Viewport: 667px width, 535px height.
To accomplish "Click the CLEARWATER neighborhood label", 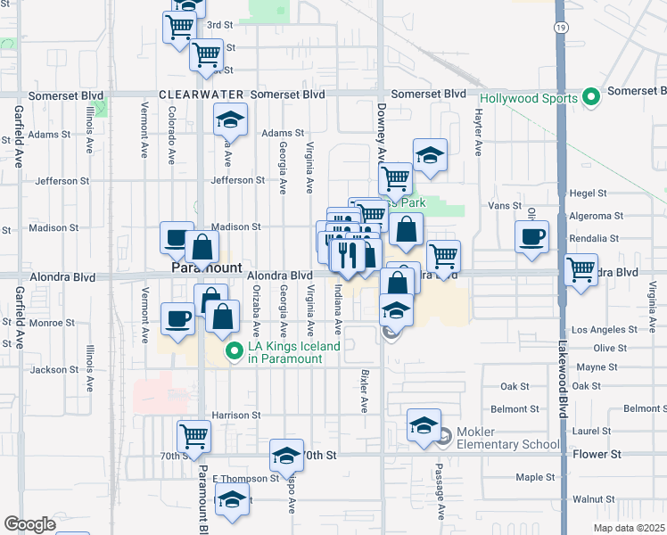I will point(201,95).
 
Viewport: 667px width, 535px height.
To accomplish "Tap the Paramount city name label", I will point(206,267).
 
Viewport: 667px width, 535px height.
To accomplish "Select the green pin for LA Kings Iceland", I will point(235,351).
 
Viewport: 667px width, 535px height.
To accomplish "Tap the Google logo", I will point(29,524).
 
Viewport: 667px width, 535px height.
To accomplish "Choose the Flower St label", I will point(597,455).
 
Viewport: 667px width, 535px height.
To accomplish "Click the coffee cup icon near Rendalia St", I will point(532,237).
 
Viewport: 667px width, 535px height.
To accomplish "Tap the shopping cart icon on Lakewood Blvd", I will point(581,268).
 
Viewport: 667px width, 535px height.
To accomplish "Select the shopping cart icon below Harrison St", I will point(194,436).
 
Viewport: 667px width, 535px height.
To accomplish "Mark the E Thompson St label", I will point(245,479).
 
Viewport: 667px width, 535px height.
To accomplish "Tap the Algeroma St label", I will point(596,216).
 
